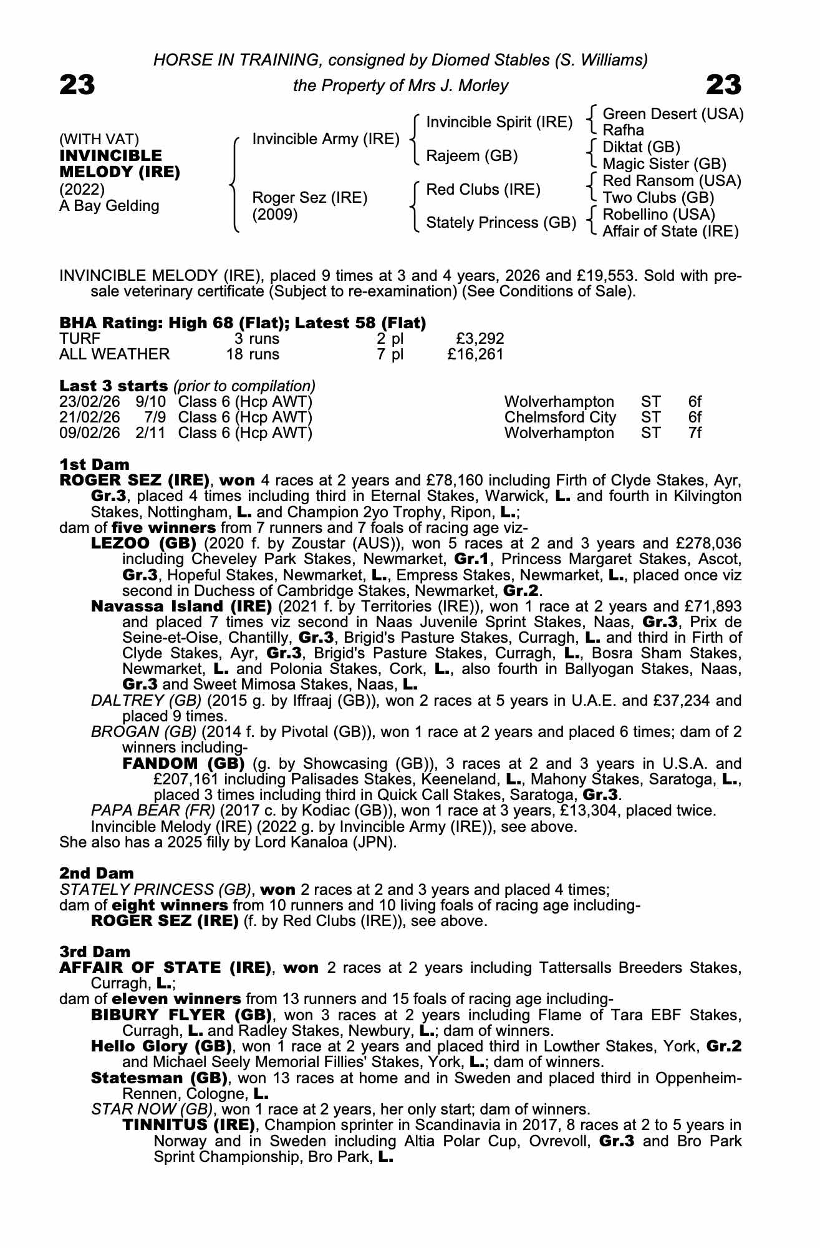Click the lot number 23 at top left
tap(77, 85)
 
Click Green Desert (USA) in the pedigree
tap(673, 114)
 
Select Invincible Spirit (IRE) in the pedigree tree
tap(499, 122)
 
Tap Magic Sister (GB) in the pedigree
tap(664, 164)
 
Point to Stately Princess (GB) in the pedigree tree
tap(501, 223)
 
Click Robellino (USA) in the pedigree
tap(658, 215)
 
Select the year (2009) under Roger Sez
tap(275, 215)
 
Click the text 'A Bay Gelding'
tap(109, 206)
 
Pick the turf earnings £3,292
tap(480, 339)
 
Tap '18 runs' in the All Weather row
tap(253, 354)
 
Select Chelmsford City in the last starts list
tap(559, 417)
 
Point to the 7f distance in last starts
tap(695, 433)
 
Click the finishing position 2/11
tap(150, 433)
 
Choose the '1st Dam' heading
tap(94, 464)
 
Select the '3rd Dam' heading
tap(95, 952)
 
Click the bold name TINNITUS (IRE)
tap(189, 1125)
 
